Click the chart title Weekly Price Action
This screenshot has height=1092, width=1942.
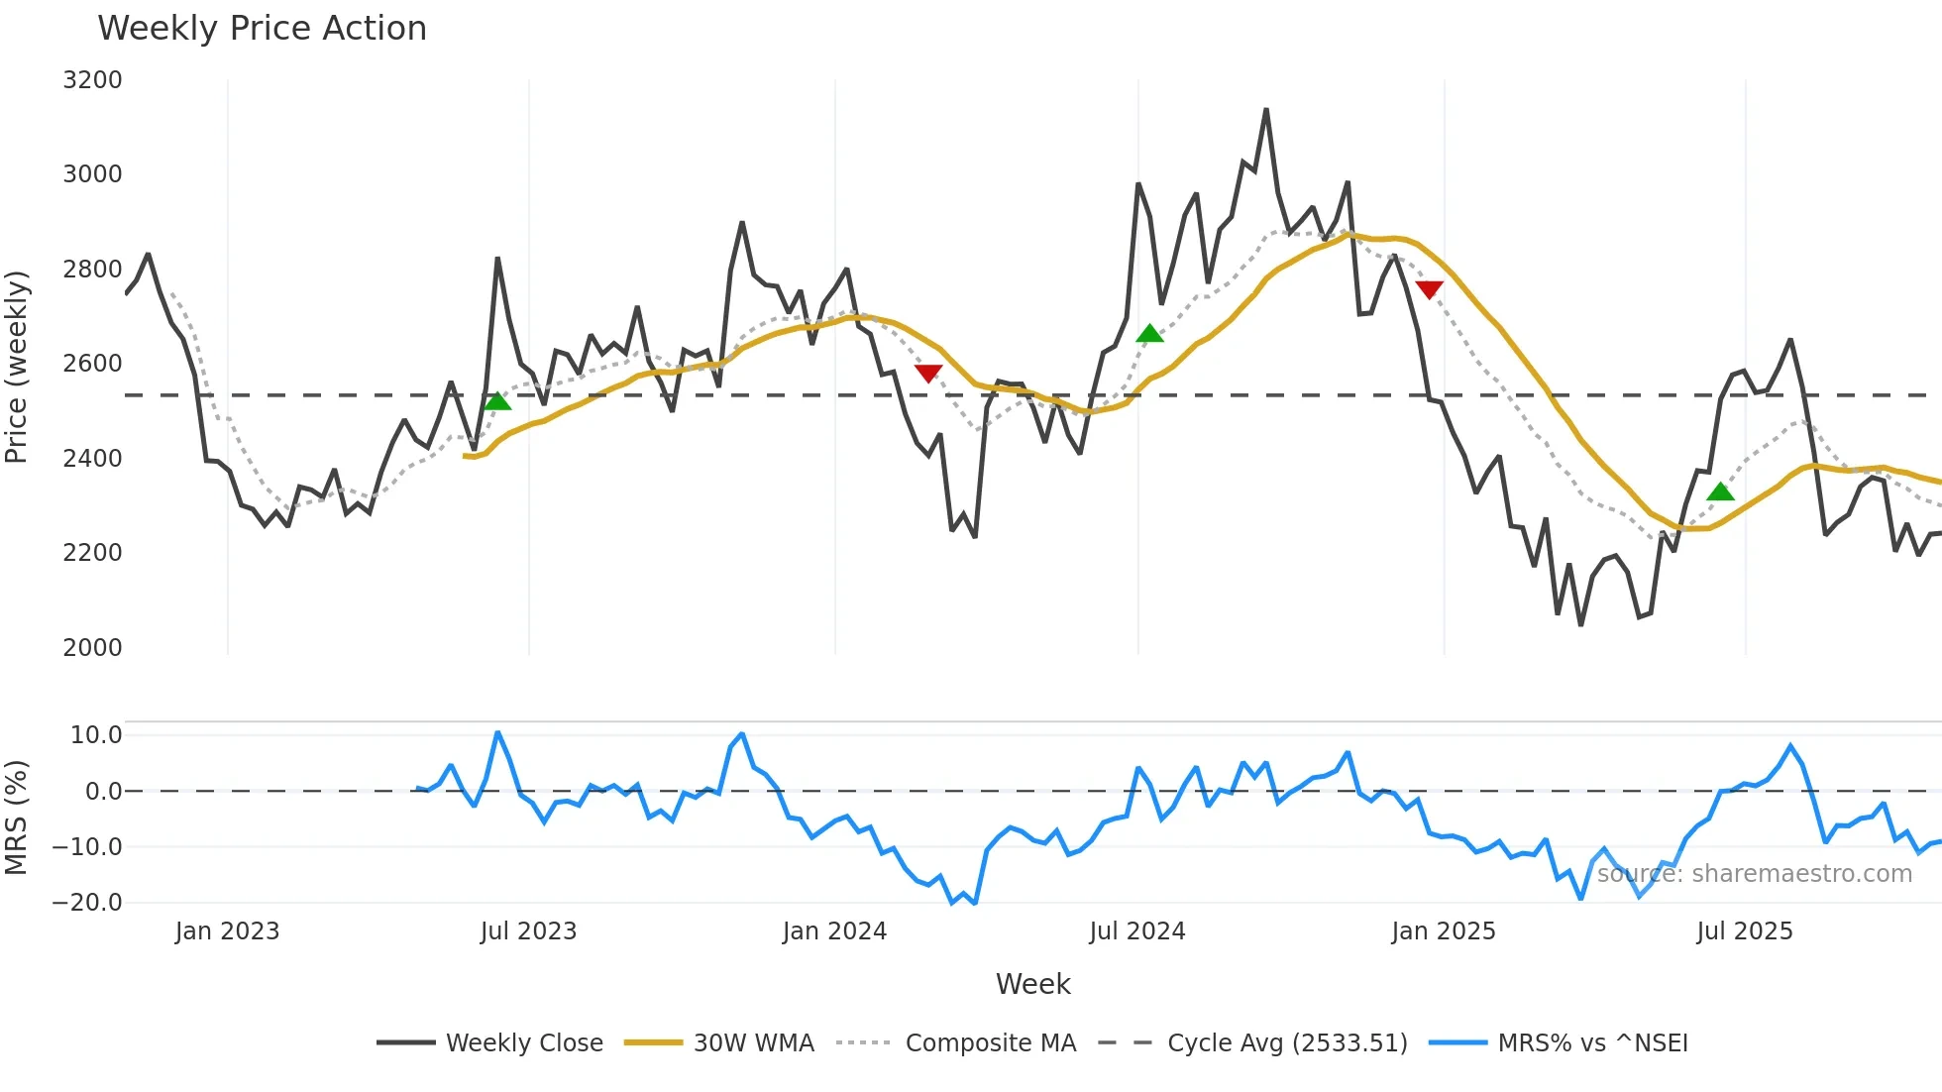[x=262, y=29]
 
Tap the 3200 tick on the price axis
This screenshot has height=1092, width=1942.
[x=92, y=80]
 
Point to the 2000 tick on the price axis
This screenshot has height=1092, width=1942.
[x=92, y=648]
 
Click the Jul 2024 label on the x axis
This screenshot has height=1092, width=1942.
[x=1136, y=931]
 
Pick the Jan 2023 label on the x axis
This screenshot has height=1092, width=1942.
[x=227, y=931]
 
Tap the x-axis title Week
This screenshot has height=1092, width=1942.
[x=1032, y=984]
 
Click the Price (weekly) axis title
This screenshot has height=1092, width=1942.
[x=17, y=367]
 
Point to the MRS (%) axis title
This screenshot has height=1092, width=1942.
[x=17, y=818]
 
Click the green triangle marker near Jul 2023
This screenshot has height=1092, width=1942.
[x=497, y=401]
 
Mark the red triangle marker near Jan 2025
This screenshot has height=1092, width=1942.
[x=1429, y=288]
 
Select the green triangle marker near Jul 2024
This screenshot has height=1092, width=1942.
[x=1149, y=334]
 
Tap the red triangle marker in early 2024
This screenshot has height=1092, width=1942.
[x=928, y=373]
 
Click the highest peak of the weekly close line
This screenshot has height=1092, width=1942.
[x=1266, y=110]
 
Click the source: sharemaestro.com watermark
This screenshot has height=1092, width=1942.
[x=1754, y=874]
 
